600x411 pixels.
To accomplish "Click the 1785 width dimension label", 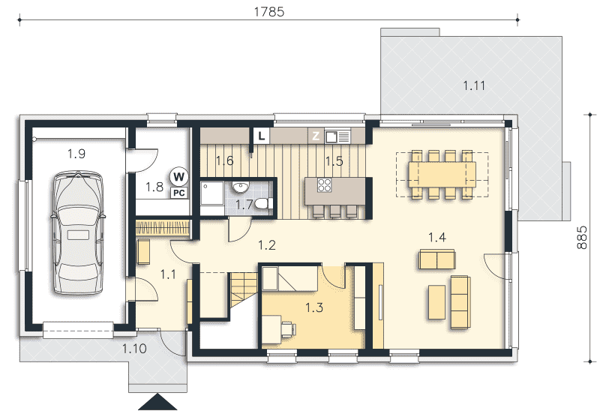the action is coord(269,12).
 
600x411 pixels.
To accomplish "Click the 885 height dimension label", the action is coord(582,238).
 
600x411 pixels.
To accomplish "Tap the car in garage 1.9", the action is coord(78,232).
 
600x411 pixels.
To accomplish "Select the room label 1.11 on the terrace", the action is coord(474,85).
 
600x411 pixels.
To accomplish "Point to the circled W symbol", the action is coord(178,176).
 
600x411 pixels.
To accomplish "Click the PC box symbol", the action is coord(179,193).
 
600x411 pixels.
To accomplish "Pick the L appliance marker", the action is coord(261,136).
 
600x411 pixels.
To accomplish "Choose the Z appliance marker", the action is coord(316,136).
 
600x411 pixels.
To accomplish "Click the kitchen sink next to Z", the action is coord(337,136).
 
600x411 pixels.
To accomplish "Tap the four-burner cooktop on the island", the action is coord(325,185).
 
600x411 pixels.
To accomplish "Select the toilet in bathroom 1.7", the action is coord(264,203).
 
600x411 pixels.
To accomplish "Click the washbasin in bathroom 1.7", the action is coord(240,186).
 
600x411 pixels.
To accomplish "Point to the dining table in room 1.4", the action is coord(442,174).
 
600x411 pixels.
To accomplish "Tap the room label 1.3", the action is coord(314,307).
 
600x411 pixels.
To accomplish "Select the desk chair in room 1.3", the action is coord(288,328).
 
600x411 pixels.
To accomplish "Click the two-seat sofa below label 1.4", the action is coord(437,259).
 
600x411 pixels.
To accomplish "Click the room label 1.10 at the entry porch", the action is coord(134,348).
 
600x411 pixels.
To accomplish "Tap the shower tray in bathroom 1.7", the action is coord(212,198).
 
